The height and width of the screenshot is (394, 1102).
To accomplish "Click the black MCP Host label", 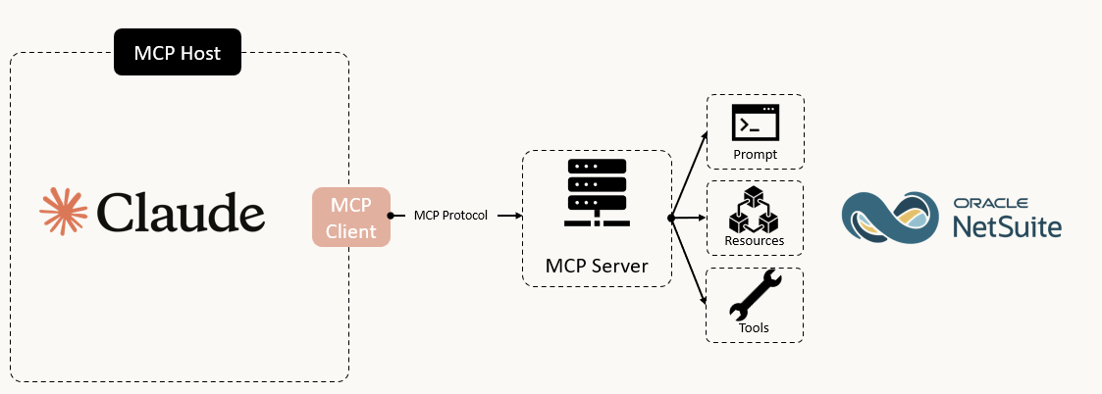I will (178, 52).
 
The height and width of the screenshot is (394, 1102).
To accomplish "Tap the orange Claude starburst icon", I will (64, 212).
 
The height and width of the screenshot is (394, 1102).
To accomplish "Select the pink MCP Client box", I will (350, 218).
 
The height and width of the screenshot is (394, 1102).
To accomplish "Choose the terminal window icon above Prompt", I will (755, 124).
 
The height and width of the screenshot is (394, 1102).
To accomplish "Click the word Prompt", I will (755, 155).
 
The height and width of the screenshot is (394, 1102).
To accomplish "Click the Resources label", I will (754, 240).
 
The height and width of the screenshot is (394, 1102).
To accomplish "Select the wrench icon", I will (755, 295).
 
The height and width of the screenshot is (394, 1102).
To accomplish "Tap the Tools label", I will (754, 327).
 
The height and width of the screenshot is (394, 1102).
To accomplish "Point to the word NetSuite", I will (1005, 227).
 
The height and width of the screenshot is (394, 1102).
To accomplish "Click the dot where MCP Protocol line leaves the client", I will (391, 216).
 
